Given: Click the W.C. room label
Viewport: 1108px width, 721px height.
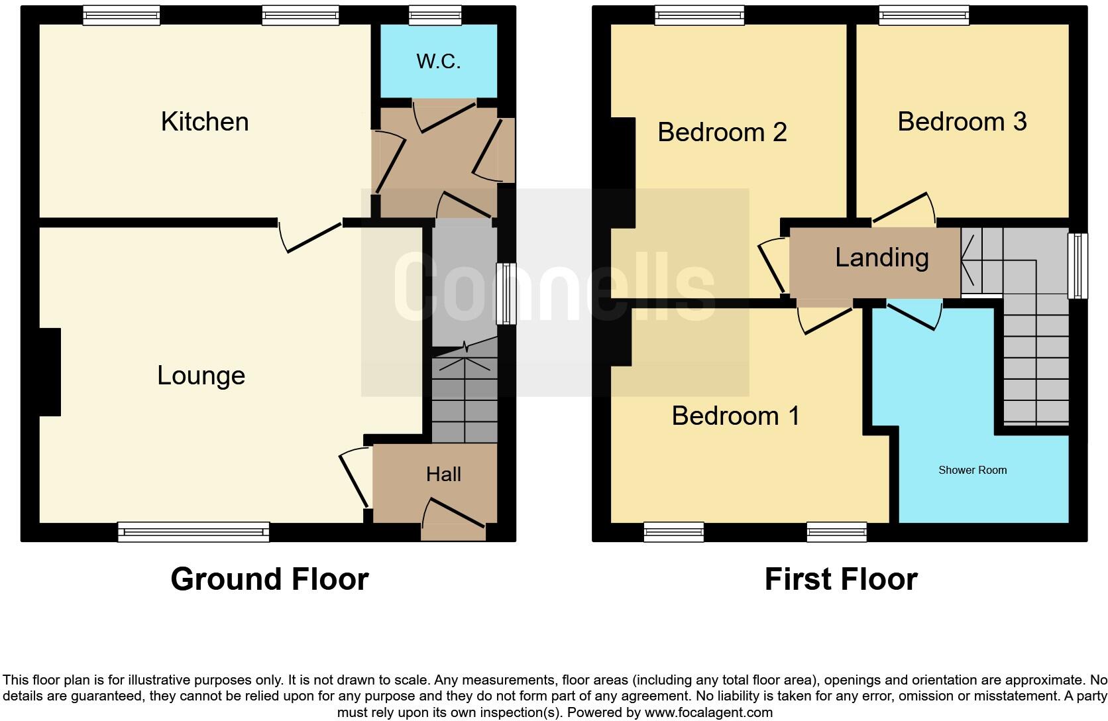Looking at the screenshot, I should click(x=438, y=62).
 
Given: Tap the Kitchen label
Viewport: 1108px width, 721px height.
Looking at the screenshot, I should click(x=205, y=122).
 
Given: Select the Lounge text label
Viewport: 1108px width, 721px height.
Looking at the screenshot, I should click(x=201, y=376).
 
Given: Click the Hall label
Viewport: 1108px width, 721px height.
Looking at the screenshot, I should click(x=443, y=474).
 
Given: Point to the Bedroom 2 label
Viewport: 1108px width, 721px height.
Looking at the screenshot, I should click(x=722, y=133).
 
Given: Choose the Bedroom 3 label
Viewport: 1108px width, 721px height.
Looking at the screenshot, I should click(x=962, y=122).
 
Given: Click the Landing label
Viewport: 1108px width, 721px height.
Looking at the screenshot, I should click(x=881, y=258).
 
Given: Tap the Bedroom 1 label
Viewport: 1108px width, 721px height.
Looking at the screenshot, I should click(x=736, y=416).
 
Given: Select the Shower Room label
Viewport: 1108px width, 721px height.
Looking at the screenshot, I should click(x=972, y=471).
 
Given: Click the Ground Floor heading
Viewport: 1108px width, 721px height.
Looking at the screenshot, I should click(x=269, y=579).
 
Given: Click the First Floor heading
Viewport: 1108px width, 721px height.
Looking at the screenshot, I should click(x=840, y=579).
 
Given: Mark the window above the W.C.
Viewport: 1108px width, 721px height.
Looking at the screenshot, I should click(x=435, y=15).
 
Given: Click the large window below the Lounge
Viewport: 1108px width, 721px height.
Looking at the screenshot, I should click(x=194, y=531).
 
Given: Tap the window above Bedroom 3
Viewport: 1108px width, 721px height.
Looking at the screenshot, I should click(x=924, y=15).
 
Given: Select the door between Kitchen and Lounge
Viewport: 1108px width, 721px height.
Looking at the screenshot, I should click(x=311, y=235).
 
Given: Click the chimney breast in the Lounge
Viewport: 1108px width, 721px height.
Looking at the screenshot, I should click(x=50, y=372).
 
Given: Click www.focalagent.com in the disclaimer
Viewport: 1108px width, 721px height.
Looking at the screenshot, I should click(x=708, y=713).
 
